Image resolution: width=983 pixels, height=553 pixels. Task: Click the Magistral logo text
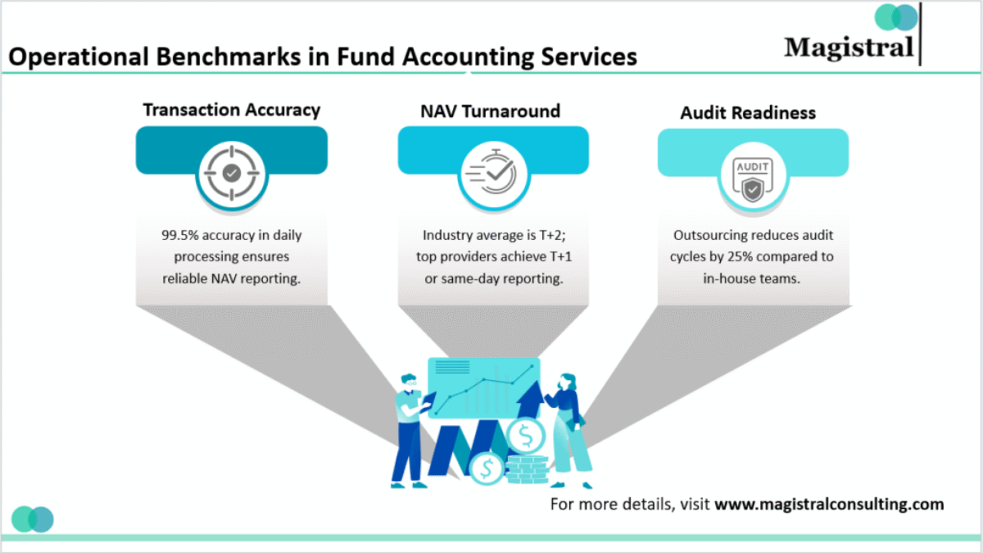[x=848, y=47]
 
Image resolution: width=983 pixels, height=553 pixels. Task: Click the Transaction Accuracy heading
[x=231, y=110]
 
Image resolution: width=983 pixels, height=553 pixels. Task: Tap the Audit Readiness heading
[x=748, y=113]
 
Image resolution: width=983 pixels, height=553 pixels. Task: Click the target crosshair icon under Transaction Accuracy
[x=232, y=173]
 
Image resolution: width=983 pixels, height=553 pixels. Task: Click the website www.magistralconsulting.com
[x=829, y=504]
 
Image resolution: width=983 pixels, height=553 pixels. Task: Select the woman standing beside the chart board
[x=569, y=430]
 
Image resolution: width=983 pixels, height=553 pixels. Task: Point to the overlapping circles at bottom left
[x=33, y=519]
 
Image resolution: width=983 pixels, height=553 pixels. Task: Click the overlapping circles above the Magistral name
[x=896, y=17]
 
